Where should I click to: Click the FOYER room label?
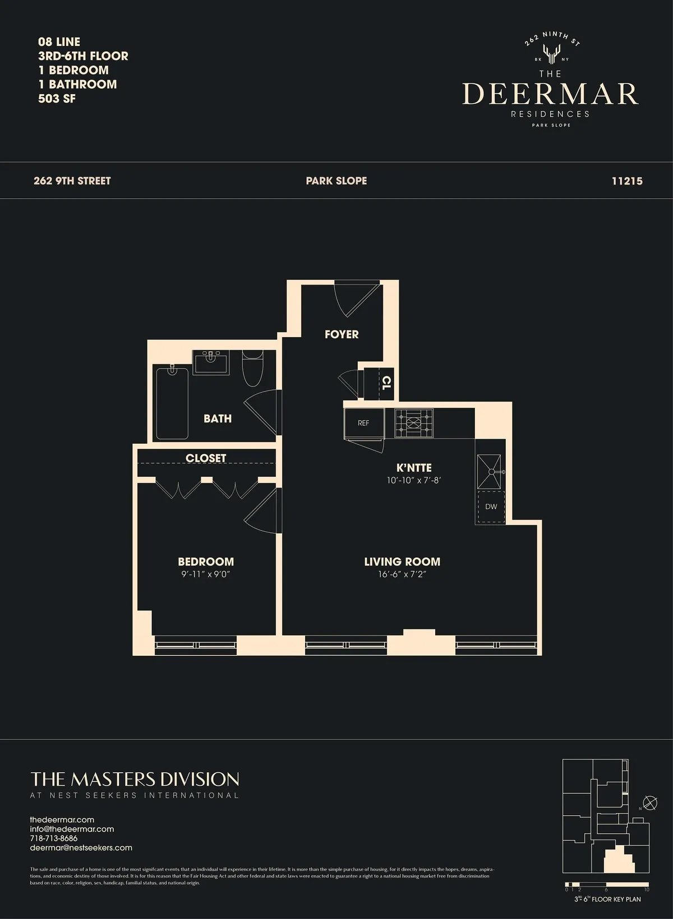pos(342,334)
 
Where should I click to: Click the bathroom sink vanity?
pos(211,362)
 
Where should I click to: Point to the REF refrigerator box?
pos(363,423)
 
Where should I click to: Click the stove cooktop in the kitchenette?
pos(414,423)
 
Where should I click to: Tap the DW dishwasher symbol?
pos(491,507)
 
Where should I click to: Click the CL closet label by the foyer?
pos(386,383)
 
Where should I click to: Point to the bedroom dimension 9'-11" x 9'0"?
pos(206,575)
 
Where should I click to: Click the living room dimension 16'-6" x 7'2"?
pos(402,575)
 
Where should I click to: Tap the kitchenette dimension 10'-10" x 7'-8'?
pos(414,480)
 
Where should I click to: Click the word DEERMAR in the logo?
pos(550,94)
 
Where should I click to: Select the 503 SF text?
pos(57,99)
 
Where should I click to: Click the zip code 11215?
pos(627,181)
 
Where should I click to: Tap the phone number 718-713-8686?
pos(54,838)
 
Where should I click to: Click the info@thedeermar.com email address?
pos(72,829)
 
